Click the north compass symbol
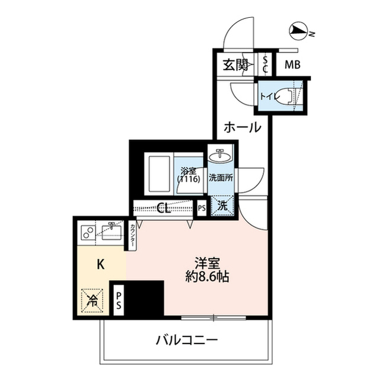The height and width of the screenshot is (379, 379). click(x=298, y=31)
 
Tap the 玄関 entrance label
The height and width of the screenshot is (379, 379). click(x=235, y=65)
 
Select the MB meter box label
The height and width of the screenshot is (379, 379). click(x=292, y=65)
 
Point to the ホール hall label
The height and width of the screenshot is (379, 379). click(x=243, y=127)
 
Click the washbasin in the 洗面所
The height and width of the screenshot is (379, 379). click(x=220, y=156)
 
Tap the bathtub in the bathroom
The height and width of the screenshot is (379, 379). click(x=159, y=174)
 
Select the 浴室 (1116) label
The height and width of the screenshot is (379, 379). click(x=189, y=175)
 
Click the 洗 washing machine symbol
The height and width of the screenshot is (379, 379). click(x=222, y=206)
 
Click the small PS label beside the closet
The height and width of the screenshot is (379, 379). click(x=202, y=208)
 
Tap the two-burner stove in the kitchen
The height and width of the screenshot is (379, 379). click(x=87, y=232)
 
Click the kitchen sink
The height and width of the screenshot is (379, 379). click(x=112, y=232)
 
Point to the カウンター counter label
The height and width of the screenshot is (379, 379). click(x=133, y=236)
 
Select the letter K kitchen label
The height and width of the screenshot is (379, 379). click(x=101, y=265)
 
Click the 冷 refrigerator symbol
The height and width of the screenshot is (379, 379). click(x=93, y=300)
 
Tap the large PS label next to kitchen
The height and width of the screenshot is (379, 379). click(x=119, y=301)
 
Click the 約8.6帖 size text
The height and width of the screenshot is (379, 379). click(x=208, y=277)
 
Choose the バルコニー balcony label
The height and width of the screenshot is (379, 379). click(x=187, y=341)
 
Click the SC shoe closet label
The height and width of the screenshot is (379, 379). click(x=265, y=65)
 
